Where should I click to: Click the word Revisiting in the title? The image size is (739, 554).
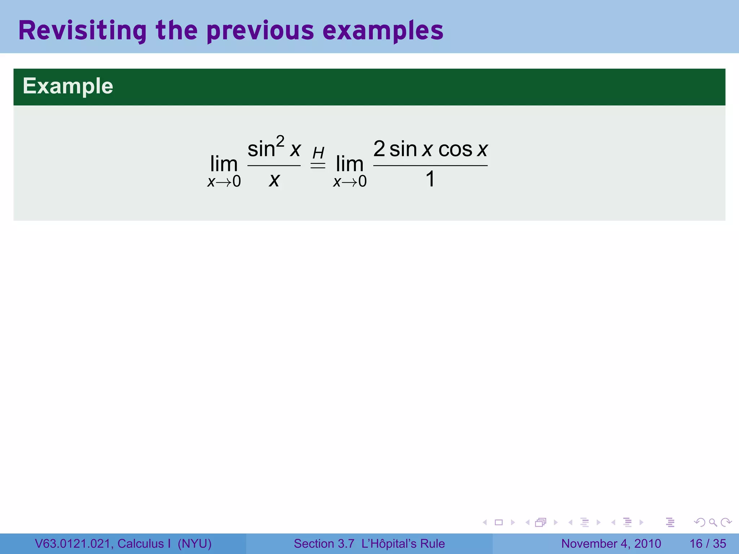pyautogui.click(x=82, y=31)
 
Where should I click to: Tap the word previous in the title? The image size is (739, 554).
pyautogui.click(x=260, y=31)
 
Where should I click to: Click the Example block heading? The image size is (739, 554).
pyautogui.click(x=68, y=86)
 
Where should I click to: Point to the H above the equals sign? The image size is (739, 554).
pyautogui.click(x=318, y=153)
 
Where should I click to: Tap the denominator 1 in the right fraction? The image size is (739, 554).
pyautogui.click(x=430, y=179)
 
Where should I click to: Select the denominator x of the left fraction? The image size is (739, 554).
pyautogui.click(x=274, y=179)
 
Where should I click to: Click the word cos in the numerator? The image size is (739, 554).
pyautogui.click(x=455, y=149)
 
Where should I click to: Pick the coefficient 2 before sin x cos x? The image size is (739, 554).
pyautogui.click(x=379, y=149)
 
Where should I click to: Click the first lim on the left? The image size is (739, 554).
pyautogui.click(x=224, y=164)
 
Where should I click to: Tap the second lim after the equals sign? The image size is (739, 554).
pyautogui.click(x=349, y=164)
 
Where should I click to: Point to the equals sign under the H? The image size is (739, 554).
pyautogui.click(x=318, y=166)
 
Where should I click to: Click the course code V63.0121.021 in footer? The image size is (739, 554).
pyautogui.click(x=74, y=544)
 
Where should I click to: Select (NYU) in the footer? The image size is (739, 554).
pyautogui.click(x=194, y=544)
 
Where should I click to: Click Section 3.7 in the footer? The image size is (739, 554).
pyautogui.click(x=324, y=544)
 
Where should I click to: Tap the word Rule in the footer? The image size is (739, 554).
pyautogui.click(x=432, y=544)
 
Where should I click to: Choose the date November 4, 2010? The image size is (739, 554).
pyautogui.click(x=611, y=544)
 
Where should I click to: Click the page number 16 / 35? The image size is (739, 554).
pyautogui.click(x=708, y=544)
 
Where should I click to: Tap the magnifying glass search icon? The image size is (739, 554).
pyautogui.click(x=713, y=522)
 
